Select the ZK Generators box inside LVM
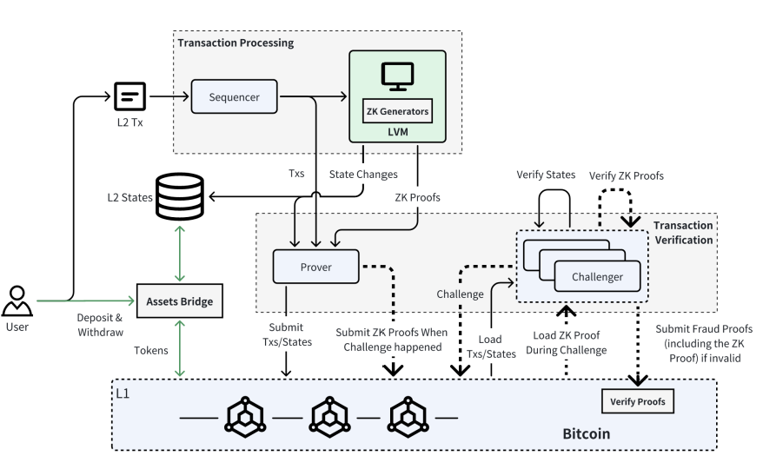point(397,111)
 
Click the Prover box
point(315,267)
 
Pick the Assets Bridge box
point(180,301)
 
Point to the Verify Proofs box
point(638,402)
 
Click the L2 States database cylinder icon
point(181,197)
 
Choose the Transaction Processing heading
point(236,43)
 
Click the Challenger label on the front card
point(597,277)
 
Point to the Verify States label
point(546,175)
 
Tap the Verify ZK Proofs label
point(627,175)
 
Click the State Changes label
point(363,175)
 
